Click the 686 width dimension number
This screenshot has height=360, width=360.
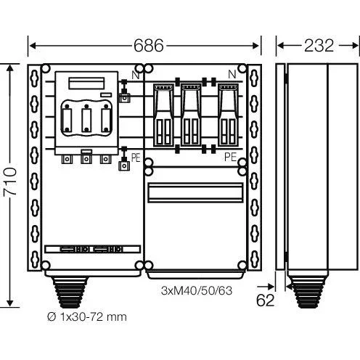pos(149,46)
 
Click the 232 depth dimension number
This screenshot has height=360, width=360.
pos(319,46)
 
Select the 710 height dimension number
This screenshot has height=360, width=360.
pos(10,181)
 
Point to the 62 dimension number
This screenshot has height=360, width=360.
pos(265,300)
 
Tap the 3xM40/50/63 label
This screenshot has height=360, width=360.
pos(197,290)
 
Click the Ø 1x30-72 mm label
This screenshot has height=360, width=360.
pos(87,316)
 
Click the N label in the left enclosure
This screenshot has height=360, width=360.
pos(136,75)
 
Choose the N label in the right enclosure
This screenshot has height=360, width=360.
pos(232,74)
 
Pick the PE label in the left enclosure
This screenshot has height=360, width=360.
pos(136,158)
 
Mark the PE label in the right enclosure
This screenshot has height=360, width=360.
pos(230,157)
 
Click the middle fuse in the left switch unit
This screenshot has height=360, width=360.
pos(86,118)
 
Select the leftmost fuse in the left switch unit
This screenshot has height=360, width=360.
pos(67,118)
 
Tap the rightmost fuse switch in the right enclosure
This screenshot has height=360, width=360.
pos(228,115)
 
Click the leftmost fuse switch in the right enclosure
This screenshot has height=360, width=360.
pos(163,115)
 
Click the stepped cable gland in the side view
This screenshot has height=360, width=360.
pos(307,292)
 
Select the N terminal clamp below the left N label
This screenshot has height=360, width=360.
pos(124,98)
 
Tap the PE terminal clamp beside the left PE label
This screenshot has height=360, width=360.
pos(124,165)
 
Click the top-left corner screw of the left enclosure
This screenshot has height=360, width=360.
pos(46,68)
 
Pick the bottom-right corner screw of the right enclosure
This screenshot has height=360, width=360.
pos(242,266)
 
